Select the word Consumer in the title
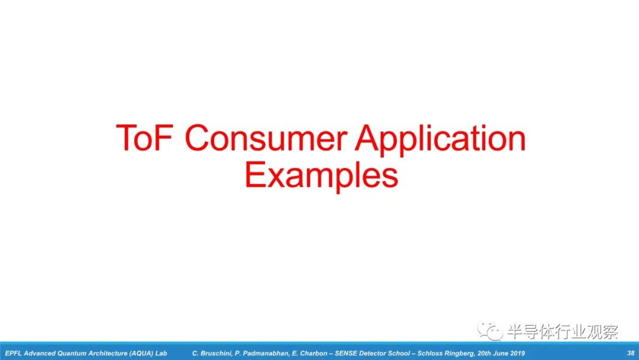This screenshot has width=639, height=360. [x=266, y=138]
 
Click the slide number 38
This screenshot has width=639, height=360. [x=631, y=353]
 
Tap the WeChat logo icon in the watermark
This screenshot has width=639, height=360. [x=490, y=330]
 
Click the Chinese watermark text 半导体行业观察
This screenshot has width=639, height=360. [x=563, y=332]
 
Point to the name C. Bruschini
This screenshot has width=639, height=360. [x=211, y=353]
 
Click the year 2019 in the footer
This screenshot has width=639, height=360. [x=518, y=353]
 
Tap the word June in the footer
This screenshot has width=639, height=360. [x=501, y=353]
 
